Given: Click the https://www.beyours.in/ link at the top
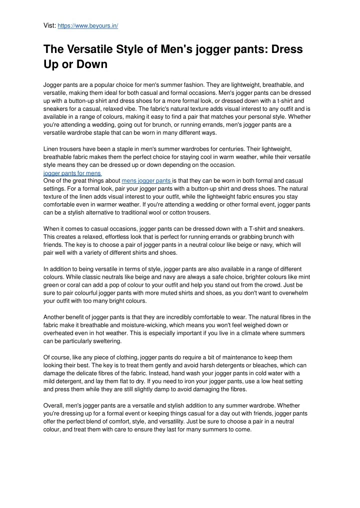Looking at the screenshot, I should pyautogui.click(x=88, y=25).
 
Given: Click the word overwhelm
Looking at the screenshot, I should pyautogui.click(x=293, y=292).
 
